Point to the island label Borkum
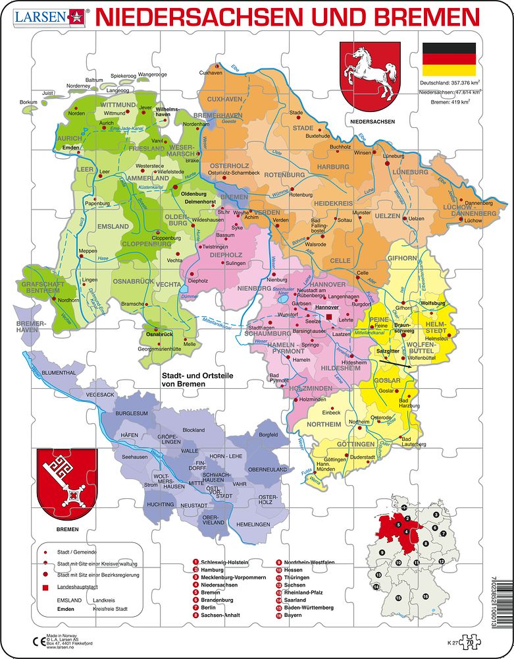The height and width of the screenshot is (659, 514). (28, 102)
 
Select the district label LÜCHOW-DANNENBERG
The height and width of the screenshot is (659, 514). (469, 210)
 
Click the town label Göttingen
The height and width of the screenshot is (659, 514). (336, 459)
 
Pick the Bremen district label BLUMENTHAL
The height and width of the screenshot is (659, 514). (60, 372)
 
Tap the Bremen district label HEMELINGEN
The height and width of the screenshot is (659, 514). (253, 523)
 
